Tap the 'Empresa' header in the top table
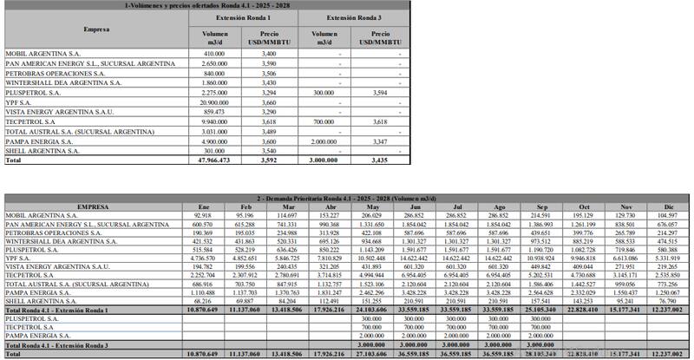click(x=96, y=29)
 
